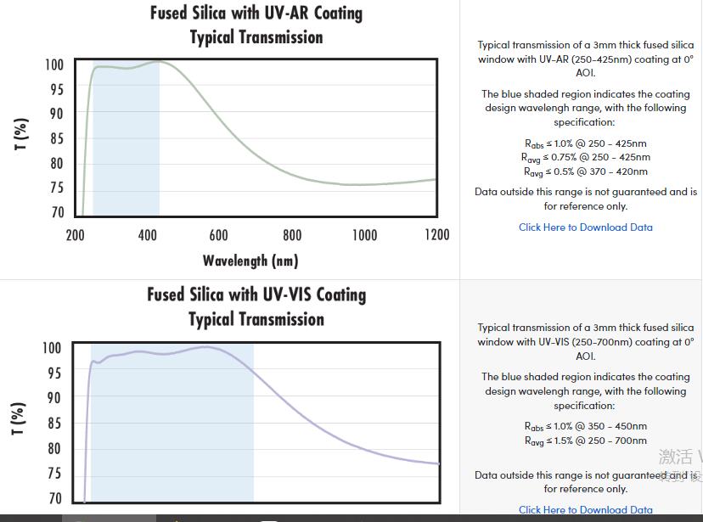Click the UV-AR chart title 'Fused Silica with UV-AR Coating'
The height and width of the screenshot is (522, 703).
pyautogui.click(x=256, y=13)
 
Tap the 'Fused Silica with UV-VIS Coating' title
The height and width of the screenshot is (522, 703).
pyautogui.click(x=256, y=295)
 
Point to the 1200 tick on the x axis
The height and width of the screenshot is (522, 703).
pyautogui.click(x=436, y=235)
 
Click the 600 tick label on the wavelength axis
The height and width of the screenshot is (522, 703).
pyautogui.click(x=218, y=235)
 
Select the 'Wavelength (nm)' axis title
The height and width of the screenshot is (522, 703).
pyautogui.click(x=250, y=261)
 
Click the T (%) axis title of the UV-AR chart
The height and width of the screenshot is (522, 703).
pyautogui.click(x=22, y=133)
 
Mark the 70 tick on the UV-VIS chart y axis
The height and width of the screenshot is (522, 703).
pyautogui.click(x=54, y=498)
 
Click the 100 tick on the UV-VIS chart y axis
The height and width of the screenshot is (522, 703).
pyautogui.click(x=52, y=348)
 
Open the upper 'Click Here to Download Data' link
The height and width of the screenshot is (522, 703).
pyautogui.click(x=586, y=227)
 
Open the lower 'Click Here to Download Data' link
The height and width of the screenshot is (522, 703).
pyautogui.click(x=586, y=510)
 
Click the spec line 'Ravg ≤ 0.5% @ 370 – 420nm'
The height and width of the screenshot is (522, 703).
pyautogui.click(x=586, y=171)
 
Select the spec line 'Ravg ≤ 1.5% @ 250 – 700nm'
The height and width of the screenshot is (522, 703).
pyautogui.click(x=586, y=441)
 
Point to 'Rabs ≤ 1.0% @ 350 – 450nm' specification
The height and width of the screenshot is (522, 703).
pyautogui.click(x=586, y=426)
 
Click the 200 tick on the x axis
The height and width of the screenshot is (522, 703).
pyautogui.click(x=75, y=235)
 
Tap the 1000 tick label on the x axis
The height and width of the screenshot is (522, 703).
pyautogui.click(x=364, y=235)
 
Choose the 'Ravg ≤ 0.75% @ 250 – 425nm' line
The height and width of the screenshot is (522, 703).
pyautogui.click(x=586, y=157)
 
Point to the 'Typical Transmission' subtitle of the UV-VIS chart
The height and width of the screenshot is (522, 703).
pyautogui.click(x=256, y=319)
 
